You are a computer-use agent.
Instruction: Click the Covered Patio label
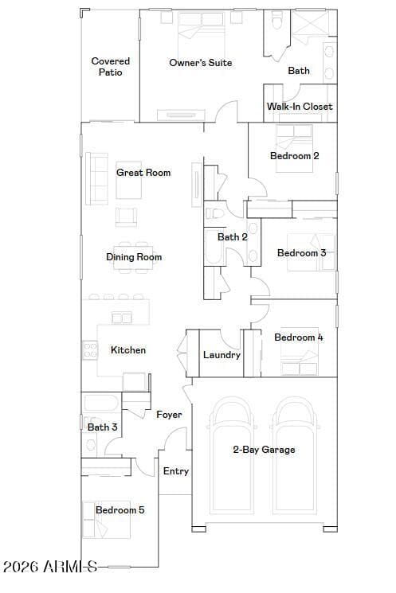point(111,67)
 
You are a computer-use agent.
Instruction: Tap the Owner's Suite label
point(201,63)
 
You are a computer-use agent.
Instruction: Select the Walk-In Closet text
point(300,107)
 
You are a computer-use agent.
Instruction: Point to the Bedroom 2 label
point(295,156)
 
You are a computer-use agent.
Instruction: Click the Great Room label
point(143,173)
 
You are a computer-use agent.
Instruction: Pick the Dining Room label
point(134,257)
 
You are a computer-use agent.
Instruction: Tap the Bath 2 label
point(233,237)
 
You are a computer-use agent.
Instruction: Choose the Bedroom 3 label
point(302,253)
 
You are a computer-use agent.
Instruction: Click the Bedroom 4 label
point(299,337)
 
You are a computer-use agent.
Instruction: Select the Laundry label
point(222,355)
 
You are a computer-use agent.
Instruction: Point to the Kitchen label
point(128,350)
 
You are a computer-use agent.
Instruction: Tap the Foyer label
point(169,415)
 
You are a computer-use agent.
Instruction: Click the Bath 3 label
point(103,427)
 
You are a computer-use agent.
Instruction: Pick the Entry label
point(176,471)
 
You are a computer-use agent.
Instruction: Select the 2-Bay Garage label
point(265,450)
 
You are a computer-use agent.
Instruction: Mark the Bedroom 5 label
point(120,510)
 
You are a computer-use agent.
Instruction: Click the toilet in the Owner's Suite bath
point(277,21)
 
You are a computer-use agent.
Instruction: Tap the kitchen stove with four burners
point(90,350)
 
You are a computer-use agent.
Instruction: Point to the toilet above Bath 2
point(214,213)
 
